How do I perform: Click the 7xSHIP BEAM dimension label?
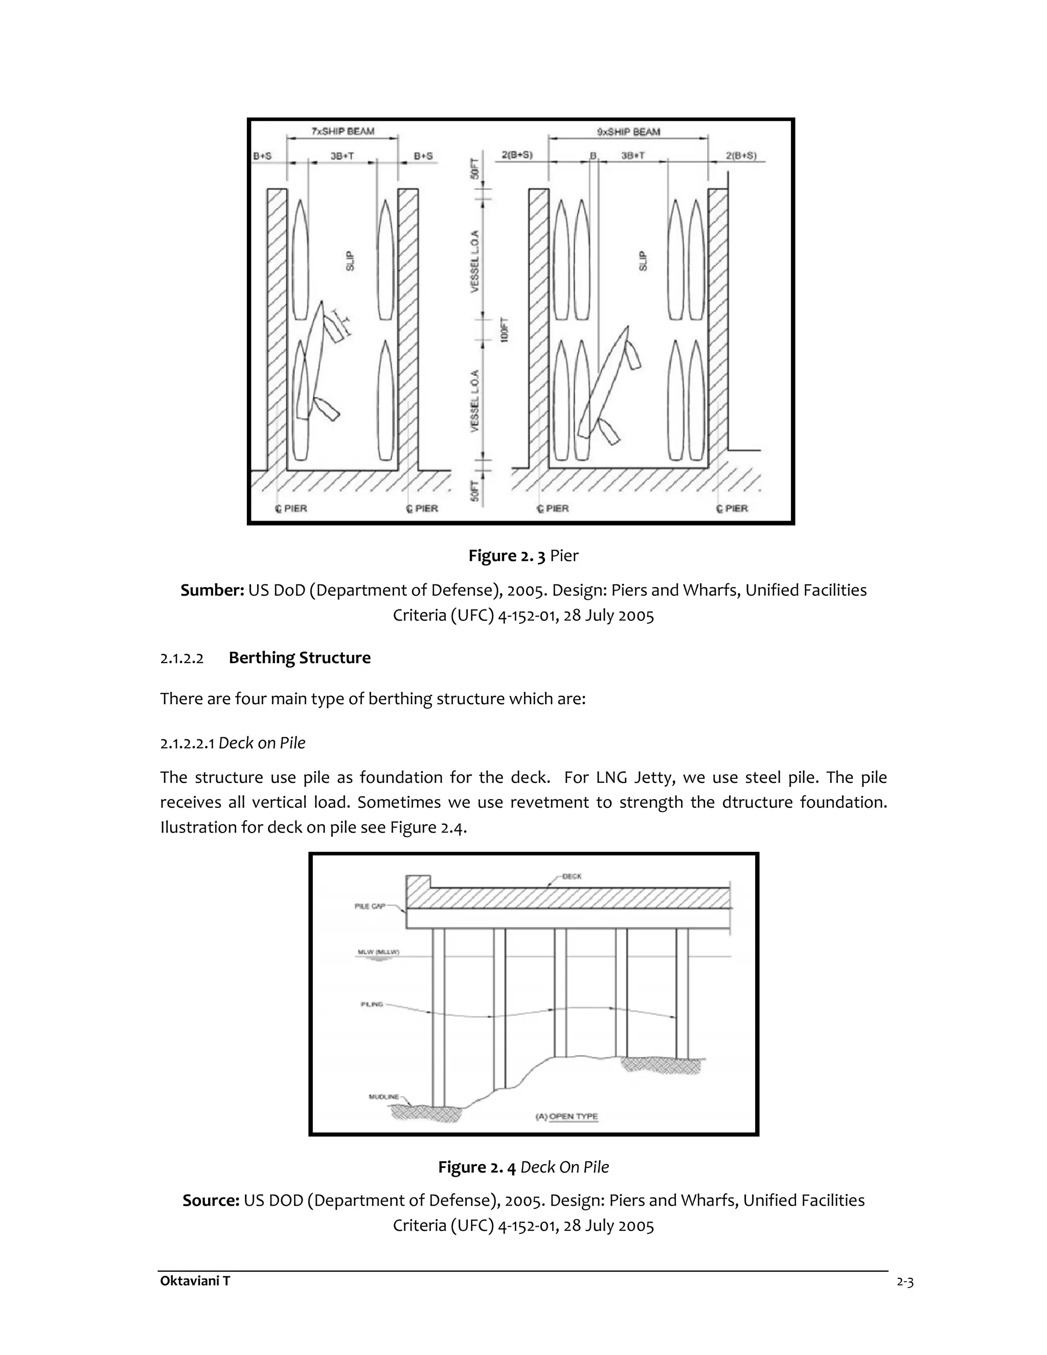(x=343, y=131)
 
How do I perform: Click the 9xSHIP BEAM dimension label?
(x=628, y=131)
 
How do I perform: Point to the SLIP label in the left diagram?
(x=350, y=261)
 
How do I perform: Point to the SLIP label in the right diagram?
(x=643, y=261)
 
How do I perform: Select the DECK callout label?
(x=572, y=876)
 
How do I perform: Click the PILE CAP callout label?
(x=370, y=906)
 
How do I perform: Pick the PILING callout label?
(x=372, y=1004)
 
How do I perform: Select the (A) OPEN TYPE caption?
(x=566, y=1116)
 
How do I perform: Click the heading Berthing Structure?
(x=300, y=658)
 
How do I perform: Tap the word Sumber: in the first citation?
(x=212, y=590)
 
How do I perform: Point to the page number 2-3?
(x=905, y=1282)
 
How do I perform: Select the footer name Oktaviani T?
(x=195, y=1280)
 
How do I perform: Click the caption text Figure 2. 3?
(x=507, y=555)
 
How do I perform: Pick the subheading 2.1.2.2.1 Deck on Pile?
(x=233, y=742)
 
